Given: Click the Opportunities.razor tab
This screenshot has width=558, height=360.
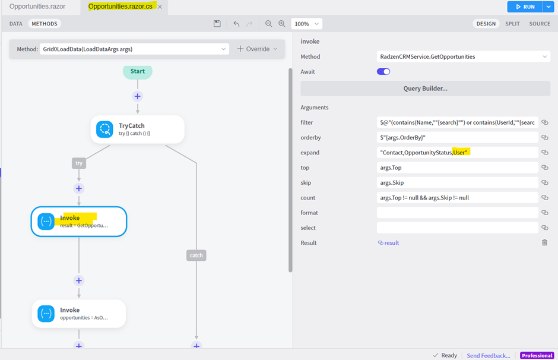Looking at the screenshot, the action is tap(37, 7).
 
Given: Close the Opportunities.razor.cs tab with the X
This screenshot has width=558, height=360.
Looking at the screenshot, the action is tap(160, 7).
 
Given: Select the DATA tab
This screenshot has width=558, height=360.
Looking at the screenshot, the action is tap(15, 24).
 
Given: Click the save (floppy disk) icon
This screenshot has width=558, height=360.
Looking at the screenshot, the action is tap(217, 24).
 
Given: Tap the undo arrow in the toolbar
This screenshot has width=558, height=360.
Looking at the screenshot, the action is tap(236, 24).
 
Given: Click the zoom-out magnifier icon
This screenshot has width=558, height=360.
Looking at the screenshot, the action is tap(269, 24).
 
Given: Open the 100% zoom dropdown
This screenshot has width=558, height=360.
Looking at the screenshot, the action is tap(306, 24).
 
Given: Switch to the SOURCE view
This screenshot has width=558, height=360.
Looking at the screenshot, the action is tap(540, 24).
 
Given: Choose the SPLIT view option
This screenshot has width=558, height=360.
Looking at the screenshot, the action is tap(512, 24).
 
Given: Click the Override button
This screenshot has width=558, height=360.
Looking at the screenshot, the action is tap(257, 49).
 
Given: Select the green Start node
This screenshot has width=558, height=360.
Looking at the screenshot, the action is tap(137, 71).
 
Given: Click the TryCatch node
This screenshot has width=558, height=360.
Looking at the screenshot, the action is tap(137, 130).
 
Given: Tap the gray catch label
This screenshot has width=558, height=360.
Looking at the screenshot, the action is tap(196, 255).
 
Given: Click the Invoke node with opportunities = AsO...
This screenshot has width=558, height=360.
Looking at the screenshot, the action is tap(78, 313).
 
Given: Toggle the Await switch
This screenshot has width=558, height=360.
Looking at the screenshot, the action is tap(383, 71).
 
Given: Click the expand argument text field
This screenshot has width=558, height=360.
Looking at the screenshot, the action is tap(457, 153).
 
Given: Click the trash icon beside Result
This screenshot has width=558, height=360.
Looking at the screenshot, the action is tap(544, 242).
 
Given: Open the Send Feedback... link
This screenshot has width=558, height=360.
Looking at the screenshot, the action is tap(488, 355).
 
